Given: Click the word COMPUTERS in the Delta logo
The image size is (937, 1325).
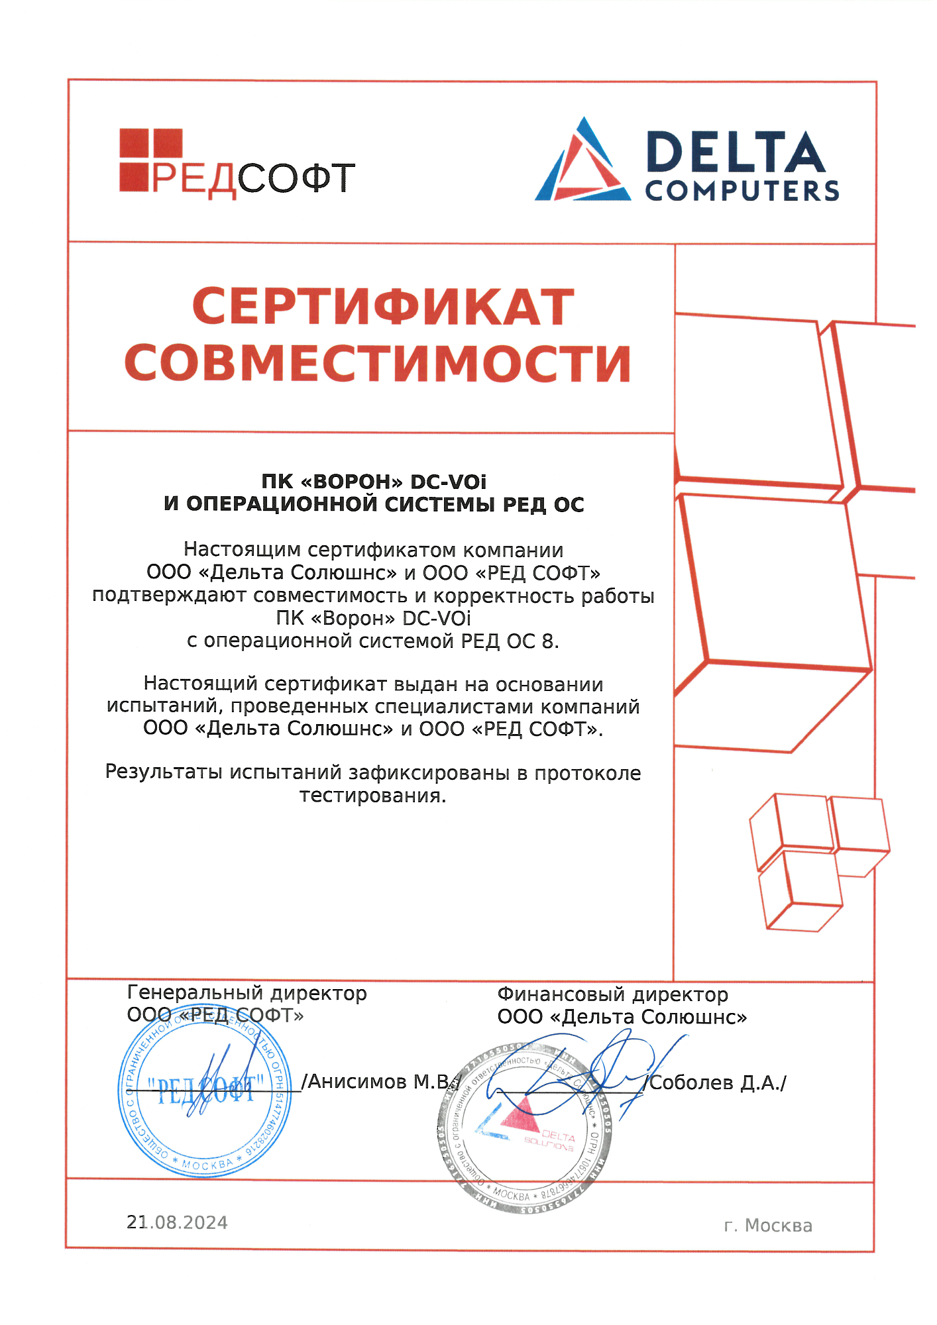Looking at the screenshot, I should [742, 191].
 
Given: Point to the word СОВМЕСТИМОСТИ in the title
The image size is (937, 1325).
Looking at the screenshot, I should [378, 363].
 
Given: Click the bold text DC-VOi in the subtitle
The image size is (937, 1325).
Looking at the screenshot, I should [448, 482].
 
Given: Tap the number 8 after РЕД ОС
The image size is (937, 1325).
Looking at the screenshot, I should [548, 641].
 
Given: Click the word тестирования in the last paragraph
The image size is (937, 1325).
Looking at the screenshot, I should [372, 795].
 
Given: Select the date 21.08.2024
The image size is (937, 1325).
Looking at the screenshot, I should [177, 1222].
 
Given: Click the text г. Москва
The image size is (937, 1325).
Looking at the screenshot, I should [768, 1225].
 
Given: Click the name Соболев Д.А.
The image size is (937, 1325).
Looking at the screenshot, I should [717, 1083].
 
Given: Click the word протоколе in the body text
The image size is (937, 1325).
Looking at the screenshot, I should [588, 773].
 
